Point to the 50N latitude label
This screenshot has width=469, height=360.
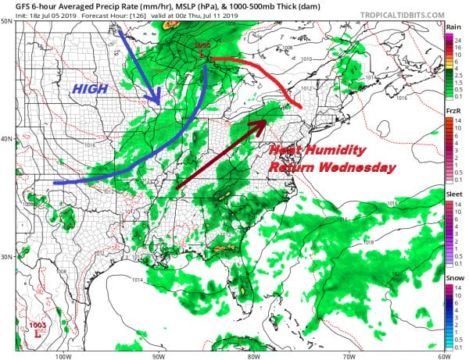pyautogui.click(x=7, y=21)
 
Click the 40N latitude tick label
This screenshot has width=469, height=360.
pyautogui.click(x=7, y=139)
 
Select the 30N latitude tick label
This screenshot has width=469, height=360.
pyautogui.click(x=7, y=257)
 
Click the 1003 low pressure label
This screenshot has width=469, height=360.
pyautogui.click(x=36, y=325)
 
